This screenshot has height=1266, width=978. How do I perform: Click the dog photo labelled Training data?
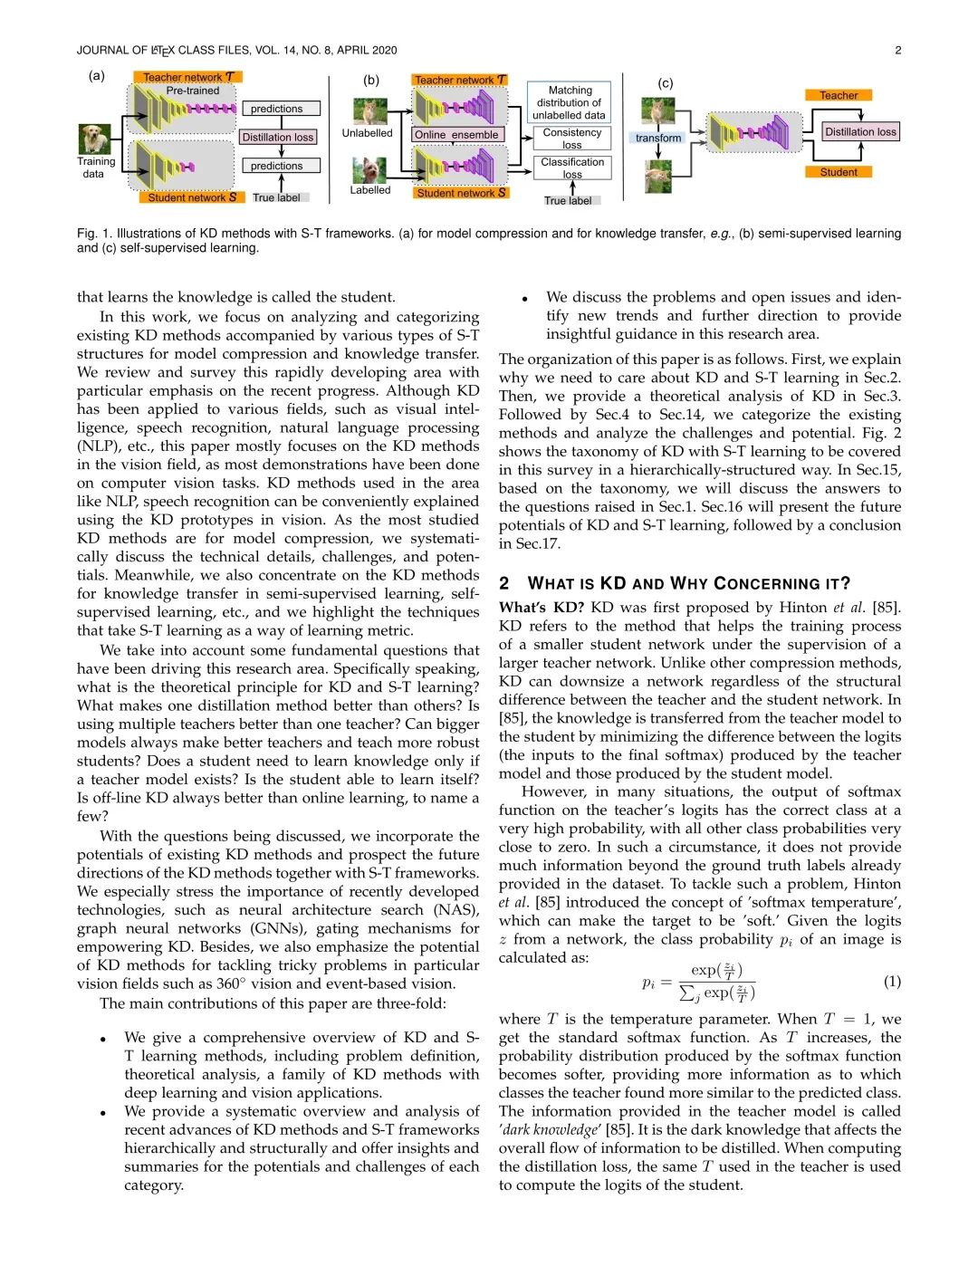click(94, 139)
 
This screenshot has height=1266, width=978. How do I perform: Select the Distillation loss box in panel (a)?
click(278, 138)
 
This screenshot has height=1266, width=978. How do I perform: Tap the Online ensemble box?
click(456, 135)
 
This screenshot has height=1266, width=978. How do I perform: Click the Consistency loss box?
click(571, 138)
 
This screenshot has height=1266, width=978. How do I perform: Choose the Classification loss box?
click(571, 168)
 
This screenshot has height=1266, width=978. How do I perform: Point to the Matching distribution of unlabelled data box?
click(570, 102)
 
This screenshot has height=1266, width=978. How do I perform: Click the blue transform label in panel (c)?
click(658, 138)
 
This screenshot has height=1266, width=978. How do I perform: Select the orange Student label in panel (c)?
click(839, 172)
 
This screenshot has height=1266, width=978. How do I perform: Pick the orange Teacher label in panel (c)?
click(839, 95)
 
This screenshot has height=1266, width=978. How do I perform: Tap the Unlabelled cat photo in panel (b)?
click(369, 110)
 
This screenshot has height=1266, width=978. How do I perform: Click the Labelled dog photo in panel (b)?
click(369, 170)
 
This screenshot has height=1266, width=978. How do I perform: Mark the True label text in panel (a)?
click(276, 197)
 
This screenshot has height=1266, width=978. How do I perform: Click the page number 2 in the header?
click(897, 50)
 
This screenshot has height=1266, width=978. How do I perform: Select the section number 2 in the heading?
click(504, 583)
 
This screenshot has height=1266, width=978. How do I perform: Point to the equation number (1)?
click(891, 982)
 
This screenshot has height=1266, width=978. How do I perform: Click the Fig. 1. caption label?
click(93, 234)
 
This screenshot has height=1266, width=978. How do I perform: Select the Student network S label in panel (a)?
click(192, 197)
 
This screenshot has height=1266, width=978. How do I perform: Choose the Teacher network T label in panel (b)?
click(460, 80)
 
